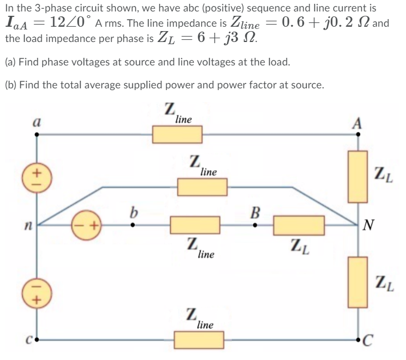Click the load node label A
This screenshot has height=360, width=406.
[357, 123]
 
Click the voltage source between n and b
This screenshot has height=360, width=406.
[87, 224]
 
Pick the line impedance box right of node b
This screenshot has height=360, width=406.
[195, 224]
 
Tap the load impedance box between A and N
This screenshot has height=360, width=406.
[358, 177]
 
